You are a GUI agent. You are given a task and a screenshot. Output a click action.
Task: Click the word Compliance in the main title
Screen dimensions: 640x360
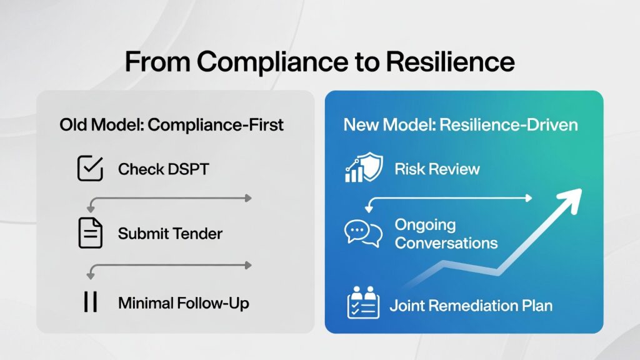tap(272, 62)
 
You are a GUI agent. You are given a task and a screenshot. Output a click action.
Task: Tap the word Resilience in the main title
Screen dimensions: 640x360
tap(450, 62)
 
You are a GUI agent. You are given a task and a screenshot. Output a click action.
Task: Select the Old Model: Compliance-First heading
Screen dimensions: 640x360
tap(171, 125)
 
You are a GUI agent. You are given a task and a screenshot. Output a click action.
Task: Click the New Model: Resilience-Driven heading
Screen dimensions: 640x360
tap(461, 125)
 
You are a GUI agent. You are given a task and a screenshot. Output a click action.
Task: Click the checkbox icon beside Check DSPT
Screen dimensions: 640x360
tap(90, 168)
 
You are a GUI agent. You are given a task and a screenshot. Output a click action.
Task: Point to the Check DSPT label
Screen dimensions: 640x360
tap(163, 169)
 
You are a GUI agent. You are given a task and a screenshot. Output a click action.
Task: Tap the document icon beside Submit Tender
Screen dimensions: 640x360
tap(90, 233)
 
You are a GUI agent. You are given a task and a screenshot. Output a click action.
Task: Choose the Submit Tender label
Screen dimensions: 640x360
tap(170, 234)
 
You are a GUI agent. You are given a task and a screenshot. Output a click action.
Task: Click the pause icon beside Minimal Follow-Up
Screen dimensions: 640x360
tap(90, 302)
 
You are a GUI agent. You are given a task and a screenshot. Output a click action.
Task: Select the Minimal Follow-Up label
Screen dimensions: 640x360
tap(184, 303)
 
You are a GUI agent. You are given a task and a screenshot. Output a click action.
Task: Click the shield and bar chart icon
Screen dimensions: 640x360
tap(364, 167)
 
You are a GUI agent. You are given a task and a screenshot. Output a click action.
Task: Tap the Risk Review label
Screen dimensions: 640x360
tap(437, 169)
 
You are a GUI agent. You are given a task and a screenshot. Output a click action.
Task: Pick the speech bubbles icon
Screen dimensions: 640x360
tap(363, 234)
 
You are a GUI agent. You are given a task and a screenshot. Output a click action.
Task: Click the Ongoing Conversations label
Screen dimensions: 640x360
tap(446, 234)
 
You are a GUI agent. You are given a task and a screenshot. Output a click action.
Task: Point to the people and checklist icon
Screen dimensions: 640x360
tap(363, 302)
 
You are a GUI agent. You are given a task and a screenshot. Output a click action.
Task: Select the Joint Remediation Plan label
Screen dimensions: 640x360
tap(471, 306)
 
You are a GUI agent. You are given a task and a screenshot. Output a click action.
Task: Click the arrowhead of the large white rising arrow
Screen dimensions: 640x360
tap(571, 199)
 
